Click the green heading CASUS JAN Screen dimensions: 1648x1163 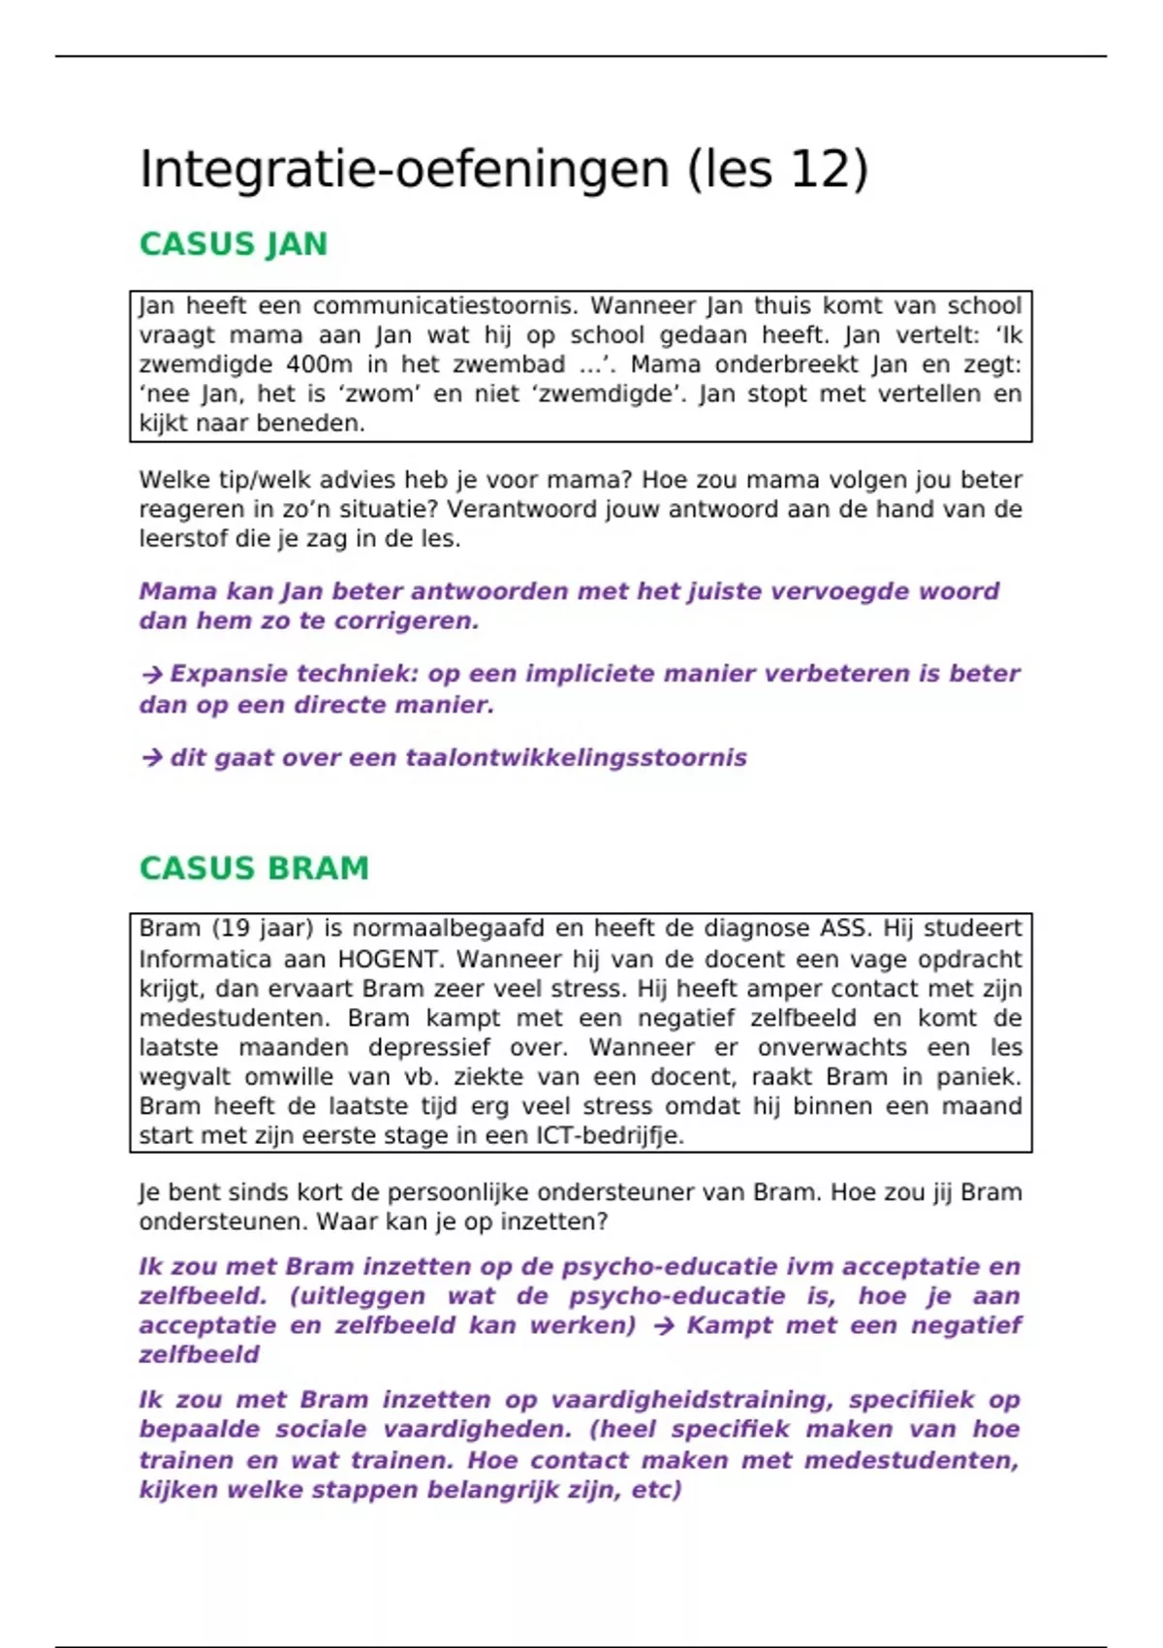tap(234, 244)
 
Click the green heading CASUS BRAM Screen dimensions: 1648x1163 tap(254, 869)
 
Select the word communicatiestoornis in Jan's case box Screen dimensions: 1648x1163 tap(445, 306)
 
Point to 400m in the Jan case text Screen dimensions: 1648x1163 tap(318, 365)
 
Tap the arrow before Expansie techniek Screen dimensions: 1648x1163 tap(151, 675)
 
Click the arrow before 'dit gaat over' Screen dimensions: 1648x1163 tap(151, 758)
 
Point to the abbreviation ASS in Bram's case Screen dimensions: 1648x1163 tap(843, 929)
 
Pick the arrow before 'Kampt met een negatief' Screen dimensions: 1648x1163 tap(664, 1326)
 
